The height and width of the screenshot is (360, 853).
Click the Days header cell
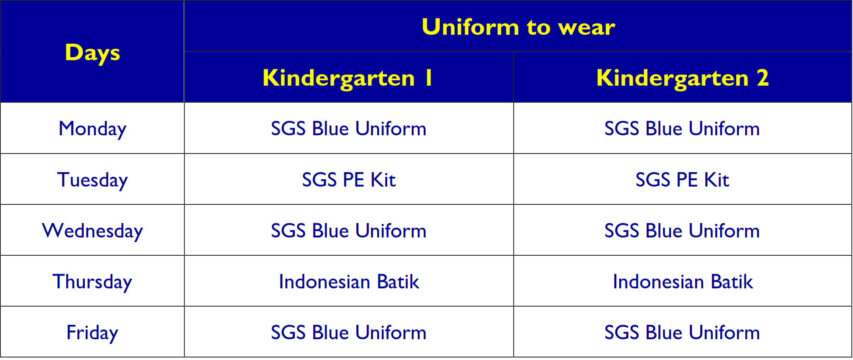click(92, 52)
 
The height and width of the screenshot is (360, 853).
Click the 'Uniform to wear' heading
click(518, 27)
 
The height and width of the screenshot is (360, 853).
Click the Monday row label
click(92, 128)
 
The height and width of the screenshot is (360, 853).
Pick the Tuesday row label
click(92, 180)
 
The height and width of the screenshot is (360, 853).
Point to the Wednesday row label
click(92, 231)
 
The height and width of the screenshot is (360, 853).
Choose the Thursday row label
click(92, 282)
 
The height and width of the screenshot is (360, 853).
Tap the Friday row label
click(92, 332)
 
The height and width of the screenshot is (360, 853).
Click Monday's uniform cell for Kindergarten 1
click(349, 128)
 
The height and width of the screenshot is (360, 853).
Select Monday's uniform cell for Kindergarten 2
click(682, 128)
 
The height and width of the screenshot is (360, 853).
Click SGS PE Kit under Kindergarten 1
click(349, 180)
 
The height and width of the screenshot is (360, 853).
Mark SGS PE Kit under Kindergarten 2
click(682, 180)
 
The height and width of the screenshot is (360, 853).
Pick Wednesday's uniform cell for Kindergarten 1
click(349, 230)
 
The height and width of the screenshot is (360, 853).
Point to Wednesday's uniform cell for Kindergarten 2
click(682, 230)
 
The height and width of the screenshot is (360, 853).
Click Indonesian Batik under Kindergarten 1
click(349, 282)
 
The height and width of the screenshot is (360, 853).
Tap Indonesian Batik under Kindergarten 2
click(682, 282)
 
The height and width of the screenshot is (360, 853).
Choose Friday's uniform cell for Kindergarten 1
click(349, 332)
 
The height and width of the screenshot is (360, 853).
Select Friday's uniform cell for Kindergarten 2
click(682, 332)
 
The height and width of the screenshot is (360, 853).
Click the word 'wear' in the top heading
click(587, 28)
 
